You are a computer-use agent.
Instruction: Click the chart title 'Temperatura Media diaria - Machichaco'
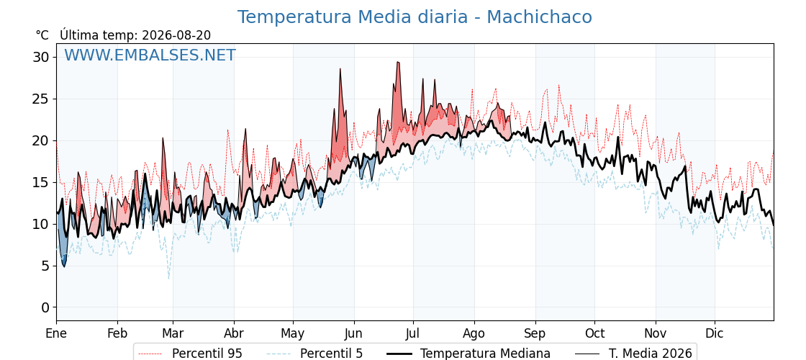415,17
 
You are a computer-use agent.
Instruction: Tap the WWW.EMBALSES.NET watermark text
150,55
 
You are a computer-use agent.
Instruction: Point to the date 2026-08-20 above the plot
176,35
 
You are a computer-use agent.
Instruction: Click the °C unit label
42,35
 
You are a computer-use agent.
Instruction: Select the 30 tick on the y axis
42,57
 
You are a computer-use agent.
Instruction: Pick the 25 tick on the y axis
42,99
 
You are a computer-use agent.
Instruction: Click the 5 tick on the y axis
46,266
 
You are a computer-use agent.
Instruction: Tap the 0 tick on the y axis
46,307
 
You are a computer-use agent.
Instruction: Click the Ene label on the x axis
57,333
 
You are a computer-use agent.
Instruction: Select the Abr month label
235,333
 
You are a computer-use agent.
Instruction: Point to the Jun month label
353,333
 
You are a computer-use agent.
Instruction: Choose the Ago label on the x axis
474,333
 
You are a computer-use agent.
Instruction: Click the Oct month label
594,333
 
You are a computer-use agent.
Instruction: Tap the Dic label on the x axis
715,333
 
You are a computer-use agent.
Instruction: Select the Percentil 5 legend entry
315,354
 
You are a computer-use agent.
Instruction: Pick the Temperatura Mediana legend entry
467,354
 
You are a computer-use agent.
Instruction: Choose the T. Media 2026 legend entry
634,354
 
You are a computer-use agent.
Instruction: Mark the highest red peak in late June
397,62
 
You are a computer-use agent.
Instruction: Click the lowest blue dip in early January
64,266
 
